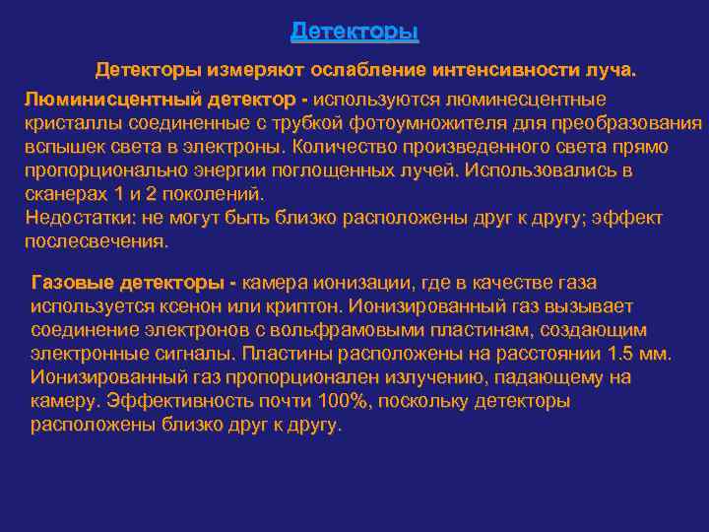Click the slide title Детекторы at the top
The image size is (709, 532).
(354, 32)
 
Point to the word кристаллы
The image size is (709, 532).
(67, 123)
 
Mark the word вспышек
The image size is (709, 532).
(61, 147)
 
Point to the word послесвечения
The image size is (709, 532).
(96, 240)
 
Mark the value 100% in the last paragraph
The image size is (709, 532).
(332, 401)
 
